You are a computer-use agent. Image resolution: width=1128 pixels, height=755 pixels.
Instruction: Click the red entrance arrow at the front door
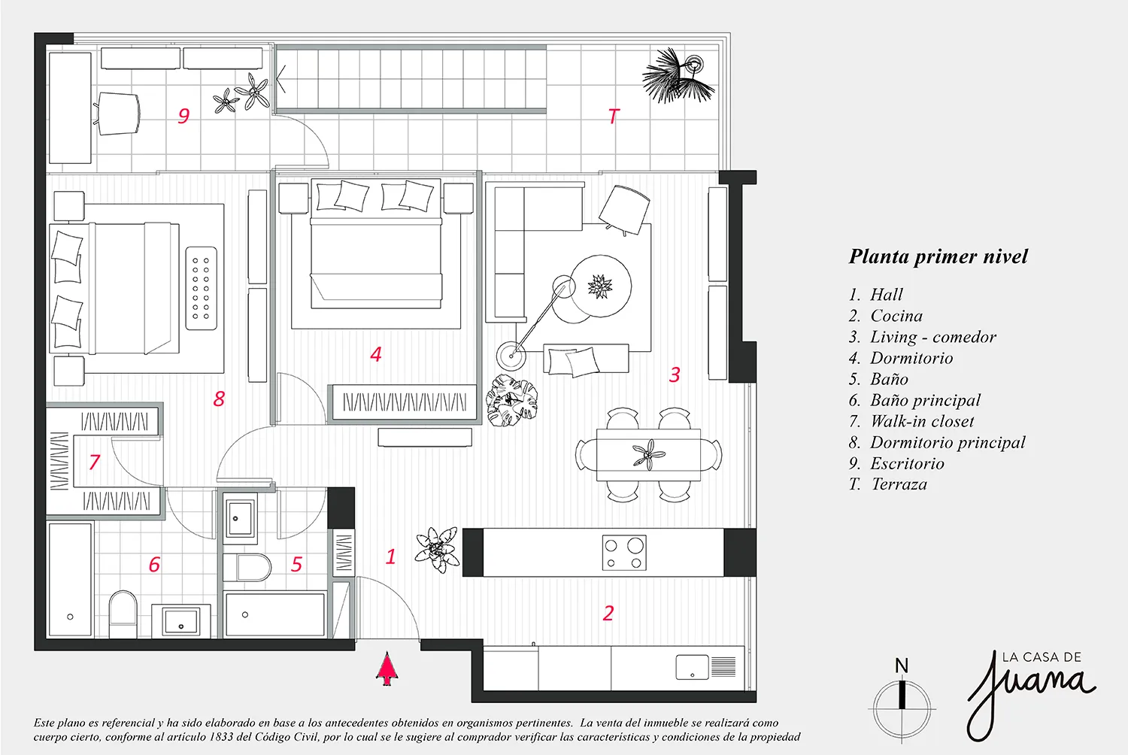[x=387, y=669]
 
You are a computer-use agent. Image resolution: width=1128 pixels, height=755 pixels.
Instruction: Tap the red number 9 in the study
[x=183, y=116]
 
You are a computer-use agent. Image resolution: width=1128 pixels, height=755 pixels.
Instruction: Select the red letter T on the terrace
[x=614, y=116]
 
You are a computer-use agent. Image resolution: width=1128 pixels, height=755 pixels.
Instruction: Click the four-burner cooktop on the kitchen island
[x=624, y=553]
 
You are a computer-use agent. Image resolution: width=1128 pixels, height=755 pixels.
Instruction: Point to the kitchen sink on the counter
[x=693, y=666]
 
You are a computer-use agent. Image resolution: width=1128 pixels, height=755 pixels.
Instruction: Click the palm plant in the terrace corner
[x=677, y=77]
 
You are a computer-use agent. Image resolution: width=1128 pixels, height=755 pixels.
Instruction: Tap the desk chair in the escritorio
[x=119, y=114]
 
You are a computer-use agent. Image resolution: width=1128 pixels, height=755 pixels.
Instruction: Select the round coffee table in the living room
[x=599, y=287]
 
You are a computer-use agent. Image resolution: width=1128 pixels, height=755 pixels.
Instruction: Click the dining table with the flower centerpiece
[x=648, y=455]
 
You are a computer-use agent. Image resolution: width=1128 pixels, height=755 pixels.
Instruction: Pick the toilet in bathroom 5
[x=246, y=567]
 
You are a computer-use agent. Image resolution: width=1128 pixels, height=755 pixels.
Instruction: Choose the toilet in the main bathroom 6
[x=123, y=611]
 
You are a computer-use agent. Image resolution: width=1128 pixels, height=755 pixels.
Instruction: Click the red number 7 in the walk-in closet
[x=95, y=462]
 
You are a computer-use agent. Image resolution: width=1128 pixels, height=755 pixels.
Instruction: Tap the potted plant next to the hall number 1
[x=437, y=549]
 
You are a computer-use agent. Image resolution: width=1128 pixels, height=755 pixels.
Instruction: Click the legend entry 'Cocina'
[x=896, y=316]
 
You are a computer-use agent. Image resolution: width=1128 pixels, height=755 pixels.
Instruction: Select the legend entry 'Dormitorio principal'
[x=948, y=442]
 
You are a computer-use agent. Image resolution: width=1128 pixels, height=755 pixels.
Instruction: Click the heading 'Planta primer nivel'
[x=938, y=256]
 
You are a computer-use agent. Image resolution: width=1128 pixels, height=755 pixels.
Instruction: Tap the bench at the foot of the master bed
[x=201, y=288]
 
